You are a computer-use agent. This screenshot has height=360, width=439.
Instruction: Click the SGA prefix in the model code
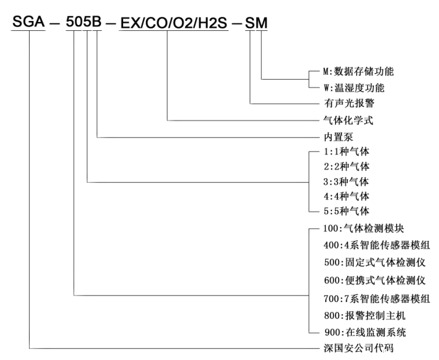click(28, 23)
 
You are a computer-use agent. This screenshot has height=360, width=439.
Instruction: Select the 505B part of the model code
click(84, 23)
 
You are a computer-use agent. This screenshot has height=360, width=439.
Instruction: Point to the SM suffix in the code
click(257, 23)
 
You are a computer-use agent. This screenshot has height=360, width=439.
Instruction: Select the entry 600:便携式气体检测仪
click(371, 281)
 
